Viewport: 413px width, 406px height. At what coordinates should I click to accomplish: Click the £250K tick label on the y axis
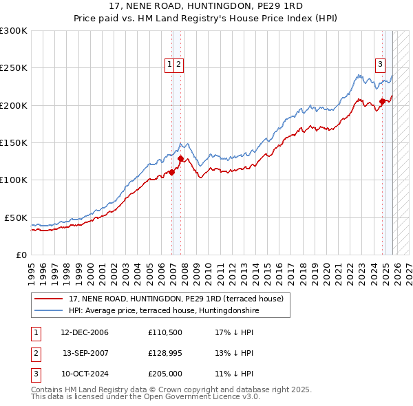(x=14, y=68)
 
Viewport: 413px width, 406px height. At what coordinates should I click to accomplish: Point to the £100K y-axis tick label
(x=14, y=180)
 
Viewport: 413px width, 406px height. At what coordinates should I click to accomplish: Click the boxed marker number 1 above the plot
(x=169, y=65)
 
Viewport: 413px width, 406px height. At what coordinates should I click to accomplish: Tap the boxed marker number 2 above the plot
(x=178, y=65)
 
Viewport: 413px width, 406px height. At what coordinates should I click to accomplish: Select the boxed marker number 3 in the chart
(x=379, y=65)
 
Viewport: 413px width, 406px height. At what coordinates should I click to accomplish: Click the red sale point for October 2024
(x=382, y=102)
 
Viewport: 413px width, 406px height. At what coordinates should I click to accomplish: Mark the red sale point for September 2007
(x=180, y=158)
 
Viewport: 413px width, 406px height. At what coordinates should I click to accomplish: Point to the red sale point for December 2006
(x=172, y=172)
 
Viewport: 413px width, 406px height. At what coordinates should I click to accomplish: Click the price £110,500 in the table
(x=165, y=332)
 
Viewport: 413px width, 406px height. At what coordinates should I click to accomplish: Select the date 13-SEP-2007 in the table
(x=85, y=353)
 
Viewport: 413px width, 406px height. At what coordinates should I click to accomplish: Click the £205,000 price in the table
(x=165, y=374)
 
